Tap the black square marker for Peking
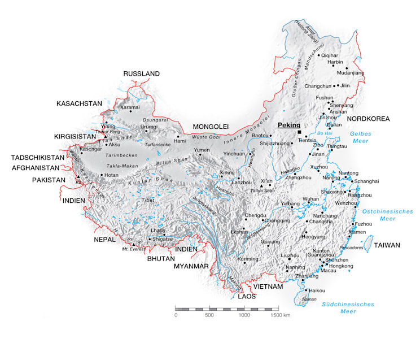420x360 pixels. (x=299, y=132)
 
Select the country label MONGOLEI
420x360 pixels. (x=210, y=126)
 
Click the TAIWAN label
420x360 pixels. (x=388, y=245)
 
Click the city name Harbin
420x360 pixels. (x=335, y=62)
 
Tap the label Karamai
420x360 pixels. (x=130, y=107)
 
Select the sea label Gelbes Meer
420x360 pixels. (x=360, y=137)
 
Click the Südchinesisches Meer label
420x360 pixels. (x=348, y=307)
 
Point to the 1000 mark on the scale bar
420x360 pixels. (x=244, y=315)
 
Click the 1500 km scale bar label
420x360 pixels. (x=280, y=315)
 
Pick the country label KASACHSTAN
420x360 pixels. (x=79, y=103)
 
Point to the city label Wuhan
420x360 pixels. (x=311, y=199)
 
